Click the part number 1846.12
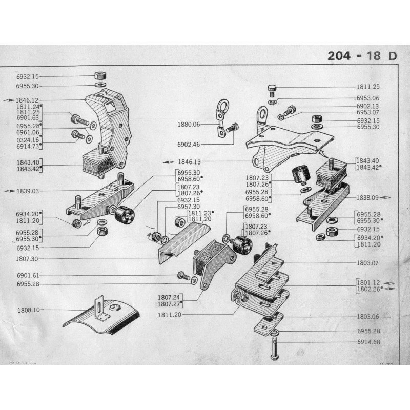tap(28, 100)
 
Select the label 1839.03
tap(28, 191)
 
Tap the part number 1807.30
tap(28, 259)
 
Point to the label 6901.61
tap(28, 275)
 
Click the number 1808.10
tap(28, 310)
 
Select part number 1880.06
tap(189, 125)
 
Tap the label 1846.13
tap(189, 160)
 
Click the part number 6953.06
tap(368, 98)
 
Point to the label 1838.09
tap(368, 197)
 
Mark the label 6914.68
tap(368, 342)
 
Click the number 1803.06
tap(368, 317)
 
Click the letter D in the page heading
tap(393, 56)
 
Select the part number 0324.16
tap(28, 139)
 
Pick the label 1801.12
tap(368, 282)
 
